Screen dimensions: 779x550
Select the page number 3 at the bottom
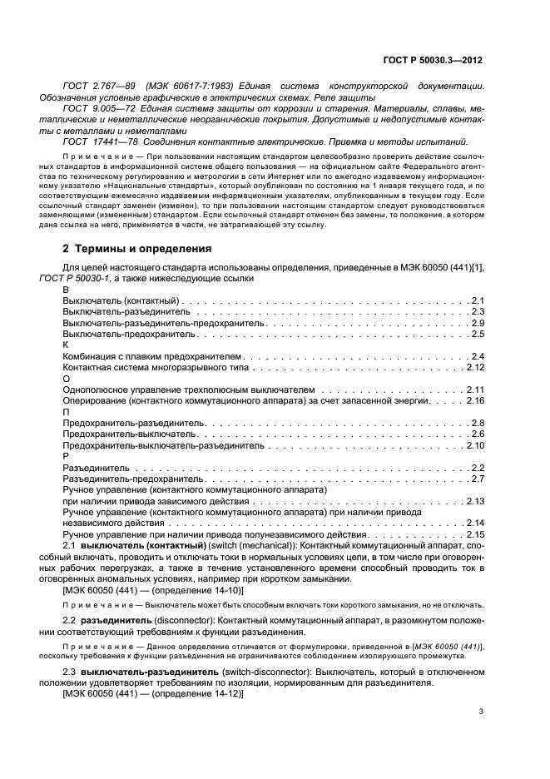click(482, 712)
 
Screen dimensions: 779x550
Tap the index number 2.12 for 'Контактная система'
click(474, 367)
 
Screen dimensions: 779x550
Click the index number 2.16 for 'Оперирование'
click(474, 400)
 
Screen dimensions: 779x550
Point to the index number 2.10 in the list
click(474, 445)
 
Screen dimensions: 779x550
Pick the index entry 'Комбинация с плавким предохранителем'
click(146, 356)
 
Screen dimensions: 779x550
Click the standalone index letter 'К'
click(66, 345)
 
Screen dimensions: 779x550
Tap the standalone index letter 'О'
click(67, 379)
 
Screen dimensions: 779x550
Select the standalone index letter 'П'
click(67, 412)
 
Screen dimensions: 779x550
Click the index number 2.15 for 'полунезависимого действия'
click(474, 534)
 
